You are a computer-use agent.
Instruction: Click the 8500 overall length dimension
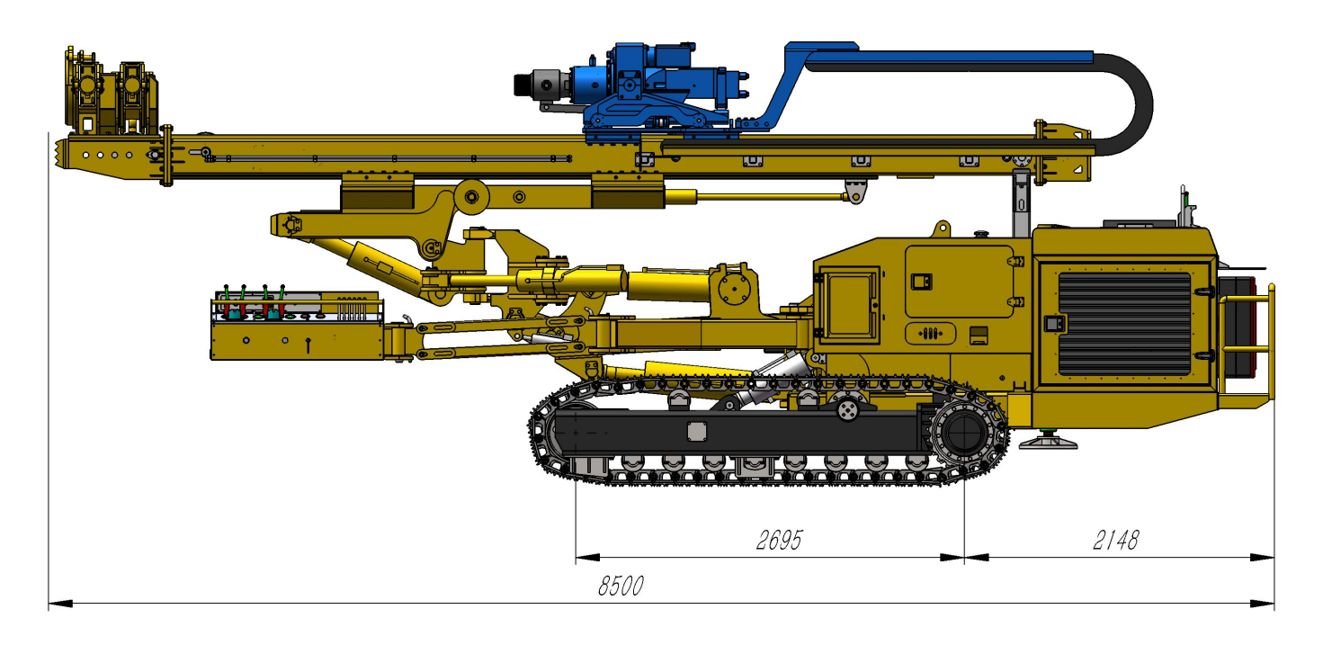(x=621, y=587)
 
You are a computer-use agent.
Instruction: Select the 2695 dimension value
(x=779, y=541)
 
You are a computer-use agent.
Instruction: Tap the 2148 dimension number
(x=1115, y=541)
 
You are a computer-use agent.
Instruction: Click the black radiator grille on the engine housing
(x=1124, y=324)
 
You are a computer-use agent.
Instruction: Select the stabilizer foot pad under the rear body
(x=1048, y=442)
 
